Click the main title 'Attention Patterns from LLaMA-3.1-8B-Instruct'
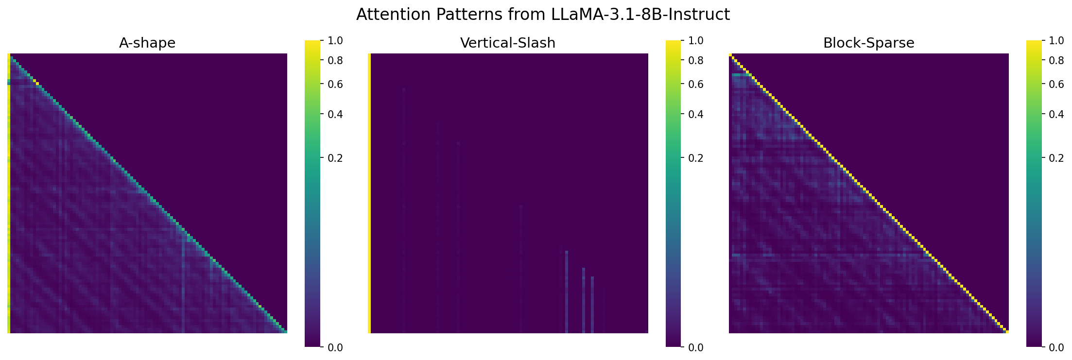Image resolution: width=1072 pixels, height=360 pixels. (543, 15)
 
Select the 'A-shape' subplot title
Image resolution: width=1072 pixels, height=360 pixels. (147, 43)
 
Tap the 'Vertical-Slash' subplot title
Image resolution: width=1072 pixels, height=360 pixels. (508, 43)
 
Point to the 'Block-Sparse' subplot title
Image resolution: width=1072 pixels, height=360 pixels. (869, 43)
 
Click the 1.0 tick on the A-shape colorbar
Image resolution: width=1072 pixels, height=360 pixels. (335, 40)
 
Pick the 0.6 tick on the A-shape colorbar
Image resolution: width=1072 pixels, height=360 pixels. (335, 84)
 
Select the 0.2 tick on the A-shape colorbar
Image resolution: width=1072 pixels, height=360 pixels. (335, 158)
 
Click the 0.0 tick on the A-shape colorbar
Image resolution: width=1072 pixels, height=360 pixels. (335, 347)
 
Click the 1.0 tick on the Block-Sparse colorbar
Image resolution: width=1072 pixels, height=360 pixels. (1057, 40)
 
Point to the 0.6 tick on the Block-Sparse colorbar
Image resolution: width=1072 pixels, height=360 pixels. (1057, 84)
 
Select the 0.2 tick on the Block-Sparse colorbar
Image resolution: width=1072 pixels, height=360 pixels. (1057, 158)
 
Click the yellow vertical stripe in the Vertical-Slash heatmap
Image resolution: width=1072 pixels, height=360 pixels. (369, 193)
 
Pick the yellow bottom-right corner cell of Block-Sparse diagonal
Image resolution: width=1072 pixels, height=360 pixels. (1007, 332)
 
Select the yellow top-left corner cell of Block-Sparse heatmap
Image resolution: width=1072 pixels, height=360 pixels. (730, 55)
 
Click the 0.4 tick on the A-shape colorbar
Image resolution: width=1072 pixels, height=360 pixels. (335, 114)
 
